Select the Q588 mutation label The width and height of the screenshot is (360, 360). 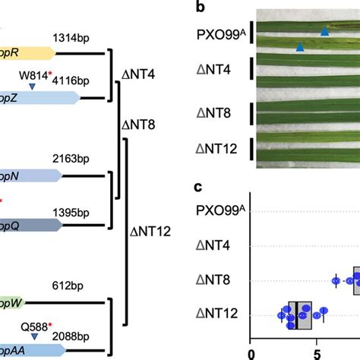[35, 327]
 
